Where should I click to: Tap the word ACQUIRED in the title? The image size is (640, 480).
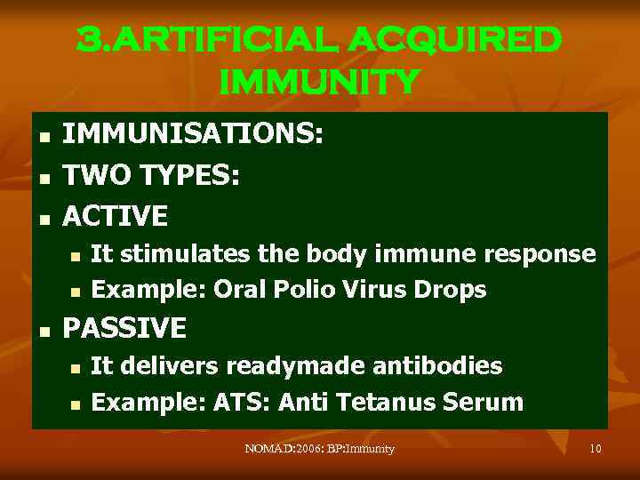(455, 39)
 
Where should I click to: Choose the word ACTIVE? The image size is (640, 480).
(116, 215)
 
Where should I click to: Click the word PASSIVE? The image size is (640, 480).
(125, 329)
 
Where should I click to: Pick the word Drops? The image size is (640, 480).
(452, 291)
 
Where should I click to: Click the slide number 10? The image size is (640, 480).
(596, 449)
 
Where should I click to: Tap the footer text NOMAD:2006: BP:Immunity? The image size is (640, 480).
(319, 449)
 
